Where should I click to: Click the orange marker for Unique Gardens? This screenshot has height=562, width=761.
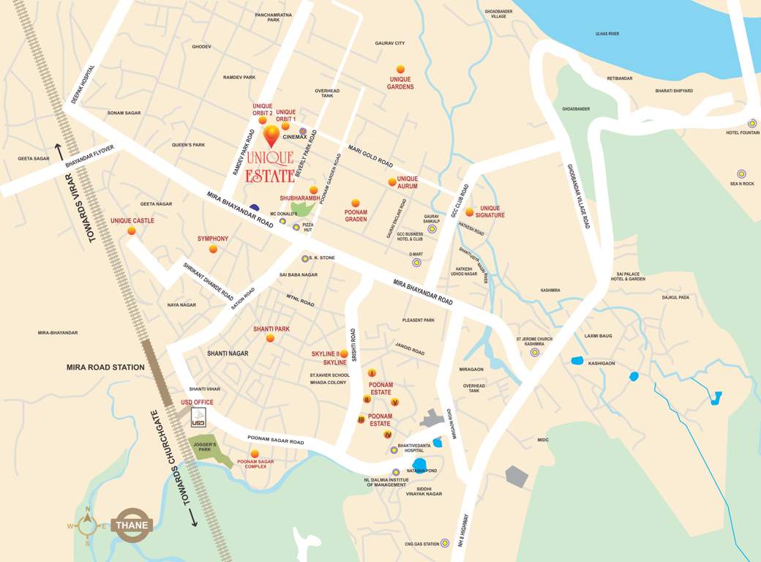[400, 70]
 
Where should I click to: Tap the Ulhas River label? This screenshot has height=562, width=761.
[607, 34]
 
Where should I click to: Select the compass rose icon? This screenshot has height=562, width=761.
[88, 525]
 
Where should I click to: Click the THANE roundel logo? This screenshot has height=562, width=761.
[131, 525]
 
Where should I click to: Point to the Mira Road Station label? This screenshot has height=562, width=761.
[105, 367]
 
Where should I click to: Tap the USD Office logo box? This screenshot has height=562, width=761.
[198, 418]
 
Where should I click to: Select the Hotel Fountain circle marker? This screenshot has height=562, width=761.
[752, 124]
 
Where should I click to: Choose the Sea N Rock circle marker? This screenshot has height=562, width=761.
[741, 174]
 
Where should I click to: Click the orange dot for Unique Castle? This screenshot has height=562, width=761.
[132, 231]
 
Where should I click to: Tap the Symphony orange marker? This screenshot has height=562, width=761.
[213, 249]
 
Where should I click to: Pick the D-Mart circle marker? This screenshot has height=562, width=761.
[416, 262]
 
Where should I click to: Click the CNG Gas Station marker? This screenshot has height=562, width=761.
[444, 543]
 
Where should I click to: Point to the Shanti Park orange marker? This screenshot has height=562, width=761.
[270, 338]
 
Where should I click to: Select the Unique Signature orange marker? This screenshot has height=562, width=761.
[470, 212]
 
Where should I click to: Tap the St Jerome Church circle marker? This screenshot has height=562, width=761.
[535, 352]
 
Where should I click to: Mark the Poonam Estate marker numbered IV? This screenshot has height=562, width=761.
[388, 435]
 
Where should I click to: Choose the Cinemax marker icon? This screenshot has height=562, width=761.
[302, 131]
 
